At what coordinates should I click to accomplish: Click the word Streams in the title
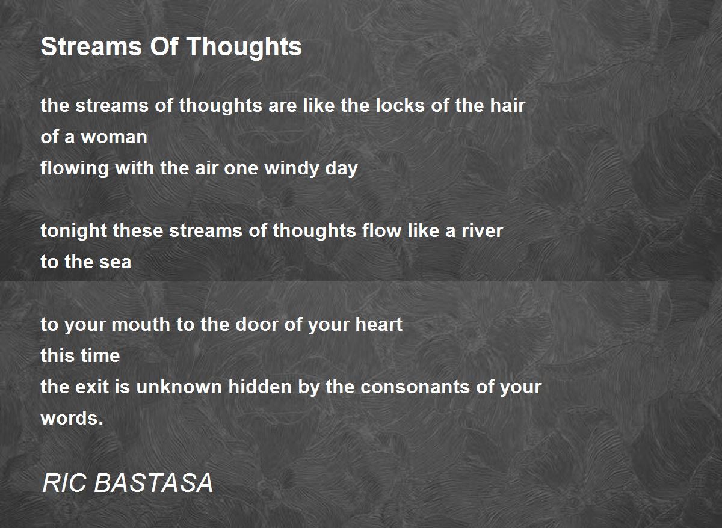pyautogui.click(x=91, y=46)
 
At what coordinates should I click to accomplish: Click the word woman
pyautogui.click(x=114, y=137)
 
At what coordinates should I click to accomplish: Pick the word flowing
pyautogui.click(x=75, y=168)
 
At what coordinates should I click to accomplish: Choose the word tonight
pyautogui.click(x=74, y=232)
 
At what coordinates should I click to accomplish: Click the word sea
pyautogui.click(x=115, y=262)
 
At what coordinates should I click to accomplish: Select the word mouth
pyautogui.click(x=141, y=324)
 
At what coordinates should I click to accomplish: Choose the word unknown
pyautogui.click(x=179, y=387)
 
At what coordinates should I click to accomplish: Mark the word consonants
pyautogui.click(x=415, y=387)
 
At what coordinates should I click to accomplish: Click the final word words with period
pyautogui.click(x=72, y=418)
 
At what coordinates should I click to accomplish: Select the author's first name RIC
pyautogui.click(x=64, y=482)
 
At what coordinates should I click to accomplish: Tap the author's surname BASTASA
pyautogui.click(x=153, y=482)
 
